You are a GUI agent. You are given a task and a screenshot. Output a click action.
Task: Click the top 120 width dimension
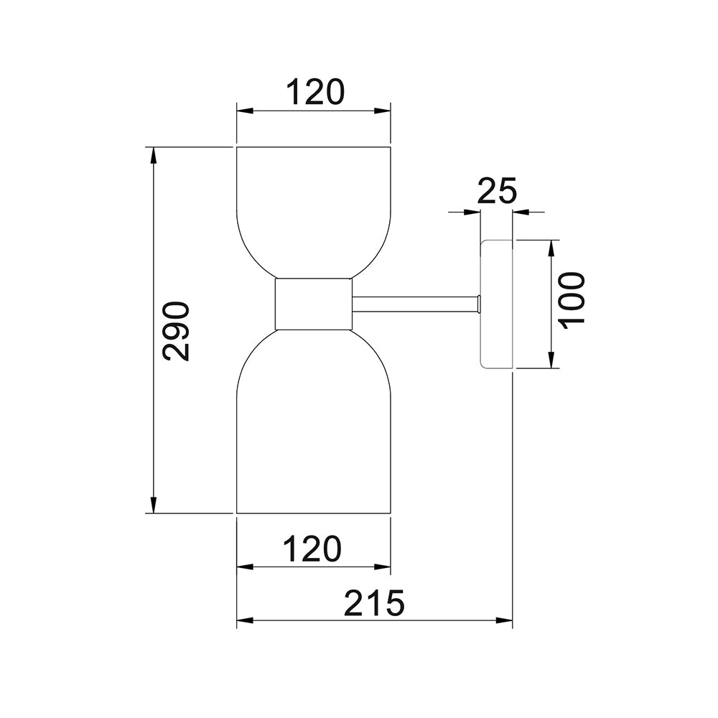[315, 93]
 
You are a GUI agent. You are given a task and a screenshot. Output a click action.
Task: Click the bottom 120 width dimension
[311, 549]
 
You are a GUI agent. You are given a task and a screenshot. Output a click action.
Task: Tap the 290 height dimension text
[176, 331]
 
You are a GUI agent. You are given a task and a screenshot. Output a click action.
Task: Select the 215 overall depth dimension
[373, 603]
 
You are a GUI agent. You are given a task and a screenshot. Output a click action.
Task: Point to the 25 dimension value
[497, 192]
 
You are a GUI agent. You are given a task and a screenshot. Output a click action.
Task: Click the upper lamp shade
[314, 208]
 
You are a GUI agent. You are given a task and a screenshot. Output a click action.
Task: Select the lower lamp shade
[314, 431]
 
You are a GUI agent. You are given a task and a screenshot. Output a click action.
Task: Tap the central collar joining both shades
[314, 304]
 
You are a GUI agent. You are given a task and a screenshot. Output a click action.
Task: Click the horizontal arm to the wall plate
[415, 304]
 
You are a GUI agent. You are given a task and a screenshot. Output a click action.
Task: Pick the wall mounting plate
[495, 304]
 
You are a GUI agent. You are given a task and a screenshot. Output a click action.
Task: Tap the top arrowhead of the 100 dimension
[551, 248]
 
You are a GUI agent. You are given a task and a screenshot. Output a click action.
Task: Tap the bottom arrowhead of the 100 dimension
[551, 360]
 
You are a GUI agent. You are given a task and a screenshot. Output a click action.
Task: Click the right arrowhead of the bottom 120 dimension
[382, 567]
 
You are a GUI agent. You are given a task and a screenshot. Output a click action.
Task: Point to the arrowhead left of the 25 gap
[472, 212]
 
